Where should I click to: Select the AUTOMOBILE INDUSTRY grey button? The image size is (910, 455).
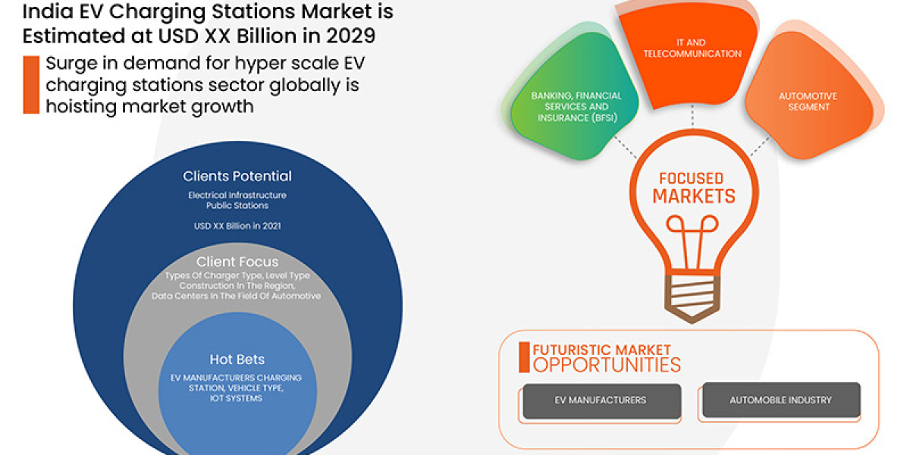pyautogui.click(x=780, y=400)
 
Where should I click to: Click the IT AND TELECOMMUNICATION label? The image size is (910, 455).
pyautogui.click(x=692, y=49)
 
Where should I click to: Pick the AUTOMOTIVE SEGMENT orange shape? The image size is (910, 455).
pyautogui.click(x=808, y=102)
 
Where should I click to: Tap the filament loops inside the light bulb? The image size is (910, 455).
pyautogui.click(x=692, y=227)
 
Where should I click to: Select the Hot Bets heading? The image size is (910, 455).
pyautogui.click(x=237, y=359)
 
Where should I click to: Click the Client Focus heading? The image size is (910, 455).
pyautogui.click(x=237, y=262)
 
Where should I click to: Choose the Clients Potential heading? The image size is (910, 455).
pyautogui.click(x=237, y=176)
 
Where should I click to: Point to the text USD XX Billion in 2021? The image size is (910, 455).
pyautogui.click(x=237, y=225)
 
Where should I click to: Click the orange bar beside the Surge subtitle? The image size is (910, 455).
pyautogui.click(x=30, y=84)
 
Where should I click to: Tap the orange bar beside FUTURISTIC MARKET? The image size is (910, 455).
pyautogui.click(x=523, y=357)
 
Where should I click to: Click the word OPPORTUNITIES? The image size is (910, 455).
pyautogui.click(x=607, y=366)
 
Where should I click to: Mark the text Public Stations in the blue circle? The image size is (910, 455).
pyautogui.click(x=237, y=206)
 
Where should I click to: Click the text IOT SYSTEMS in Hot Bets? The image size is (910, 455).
pyautogui.click(x=237, y=399)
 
